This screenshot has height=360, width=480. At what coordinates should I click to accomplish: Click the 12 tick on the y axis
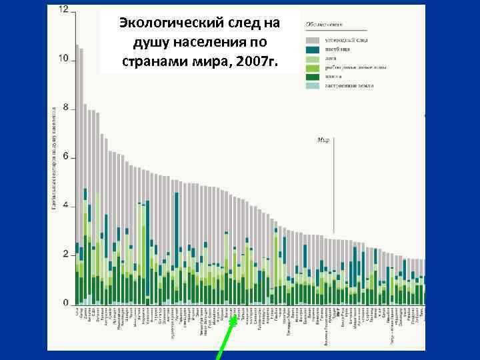[63, 10]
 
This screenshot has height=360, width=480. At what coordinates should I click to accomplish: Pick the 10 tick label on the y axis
[63, 59]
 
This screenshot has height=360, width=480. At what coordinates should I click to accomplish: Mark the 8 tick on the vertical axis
[65, 107]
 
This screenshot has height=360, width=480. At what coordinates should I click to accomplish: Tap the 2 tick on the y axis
[65, 254]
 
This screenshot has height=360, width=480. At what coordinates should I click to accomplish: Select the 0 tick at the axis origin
[65, 303]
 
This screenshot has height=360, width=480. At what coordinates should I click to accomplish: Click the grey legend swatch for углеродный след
[312, 41]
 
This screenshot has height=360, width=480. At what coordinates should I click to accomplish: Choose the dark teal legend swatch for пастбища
[312, 49]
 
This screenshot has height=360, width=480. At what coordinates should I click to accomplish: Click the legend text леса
[331, 59]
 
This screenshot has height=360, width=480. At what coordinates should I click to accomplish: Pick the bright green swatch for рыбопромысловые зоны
[312, 67]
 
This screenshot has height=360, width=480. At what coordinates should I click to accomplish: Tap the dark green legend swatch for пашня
[312, 76]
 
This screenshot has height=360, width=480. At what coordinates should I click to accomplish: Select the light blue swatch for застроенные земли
[312, 85]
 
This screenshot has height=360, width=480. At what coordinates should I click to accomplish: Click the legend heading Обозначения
[324, 25]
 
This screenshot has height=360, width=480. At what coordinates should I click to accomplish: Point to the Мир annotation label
[323, 140]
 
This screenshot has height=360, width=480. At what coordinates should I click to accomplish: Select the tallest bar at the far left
[77, 173]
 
